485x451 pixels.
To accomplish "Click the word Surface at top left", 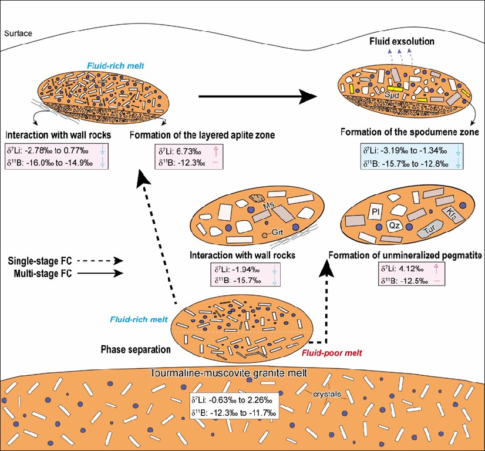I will tap(18, 33).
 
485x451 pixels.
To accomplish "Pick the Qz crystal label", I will tap(395, 225).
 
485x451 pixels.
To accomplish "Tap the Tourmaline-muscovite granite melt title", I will tap(241, 375).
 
